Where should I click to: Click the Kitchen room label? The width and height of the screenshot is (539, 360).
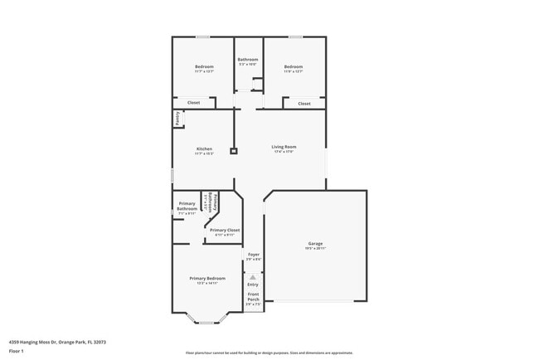point(204,149)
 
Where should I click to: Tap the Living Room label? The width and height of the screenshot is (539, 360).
point(284,147)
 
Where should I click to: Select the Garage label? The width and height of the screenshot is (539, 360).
point(315,243)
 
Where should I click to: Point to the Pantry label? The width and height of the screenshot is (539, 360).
point(177,119)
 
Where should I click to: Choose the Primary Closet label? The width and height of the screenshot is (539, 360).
point(224,230)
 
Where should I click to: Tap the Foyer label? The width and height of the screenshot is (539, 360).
point(254,255)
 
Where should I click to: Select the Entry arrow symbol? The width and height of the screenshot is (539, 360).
point(253,277)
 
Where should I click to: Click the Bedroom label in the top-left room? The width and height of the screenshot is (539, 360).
point(204,66)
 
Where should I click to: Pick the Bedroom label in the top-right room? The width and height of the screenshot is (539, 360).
point(294,66)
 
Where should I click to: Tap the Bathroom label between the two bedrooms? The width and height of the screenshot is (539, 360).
point(248,59)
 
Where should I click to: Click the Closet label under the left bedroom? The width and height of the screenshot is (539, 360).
point(193,103)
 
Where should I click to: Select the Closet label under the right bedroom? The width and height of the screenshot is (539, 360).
point(304,104)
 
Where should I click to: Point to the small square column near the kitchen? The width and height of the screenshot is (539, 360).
point(234,151)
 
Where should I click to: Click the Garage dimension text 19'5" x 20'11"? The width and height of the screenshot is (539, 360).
point(315,249)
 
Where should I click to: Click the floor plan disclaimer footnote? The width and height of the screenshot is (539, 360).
point(269,353)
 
